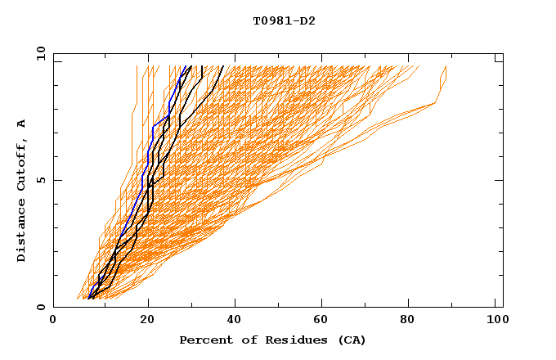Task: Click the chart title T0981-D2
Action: click(284, 21)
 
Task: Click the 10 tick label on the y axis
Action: click(40, 53)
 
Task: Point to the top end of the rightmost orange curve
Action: click(446, 66)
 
